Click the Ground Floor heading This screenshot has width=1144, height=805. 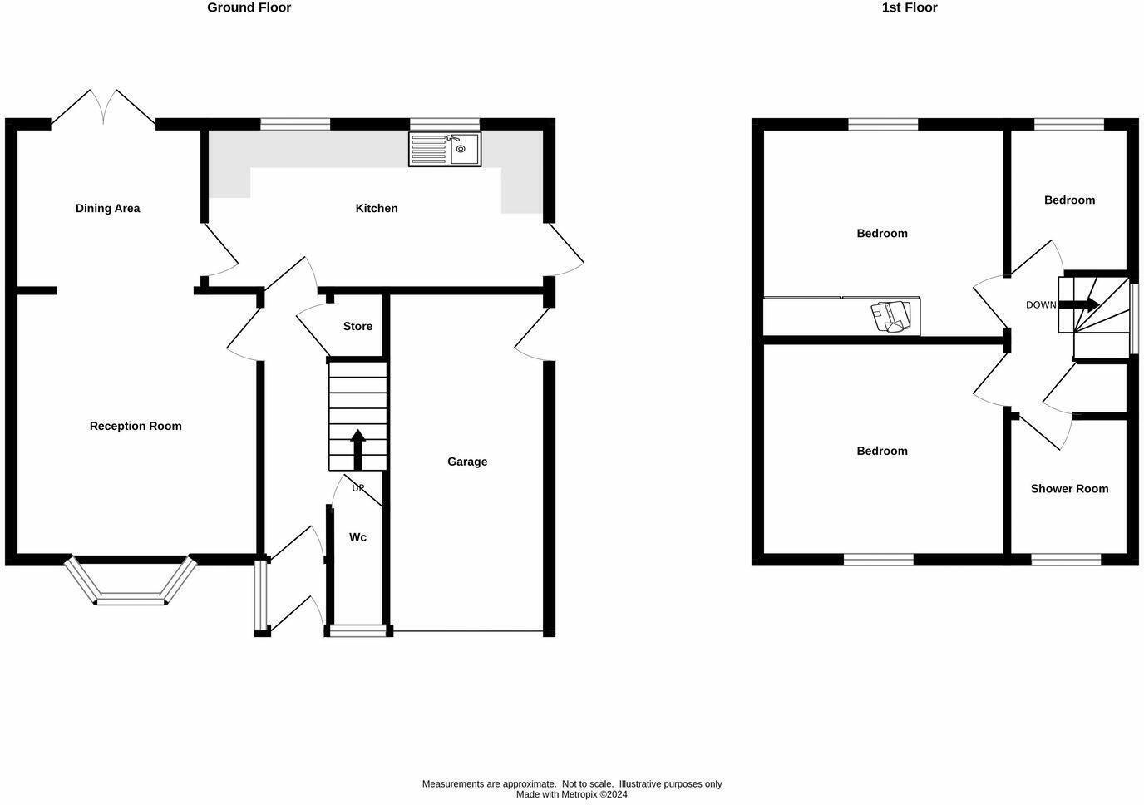coord(249,7)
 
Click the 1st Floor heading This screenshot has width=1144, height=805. coord(909,7)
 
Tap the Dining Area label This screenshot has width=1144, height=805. coord(107,208)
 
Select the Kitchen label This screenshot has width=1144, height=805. coord(377,208)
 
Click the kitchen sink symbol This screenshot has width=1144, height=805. coord(445,149)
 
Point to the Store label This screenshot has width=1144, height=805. coord(357,326)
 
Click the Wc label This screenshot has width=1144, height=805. coord(357,537)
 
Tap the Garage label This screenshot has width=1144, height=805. coord(467,462)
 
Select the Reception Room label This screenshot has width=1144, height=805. coord(136,426)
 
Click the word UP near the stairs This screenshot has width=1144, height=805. coord(358,488)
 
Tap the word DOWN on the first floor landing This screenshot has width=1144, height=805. coord(1041,305)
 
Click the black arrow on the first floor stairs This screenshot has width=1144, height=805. coord(1084,304)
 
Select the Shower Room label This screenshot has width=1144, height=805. coord(1069,488)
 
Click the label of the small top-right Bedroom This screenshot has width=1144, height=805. coord(1069,200)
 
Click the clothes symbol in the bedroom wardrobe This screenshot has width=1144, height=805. coord(890,317)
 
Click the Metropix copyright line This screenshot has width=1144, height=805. coord(572,794)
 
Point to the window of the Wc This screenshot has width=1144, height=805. coord(357,630)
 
